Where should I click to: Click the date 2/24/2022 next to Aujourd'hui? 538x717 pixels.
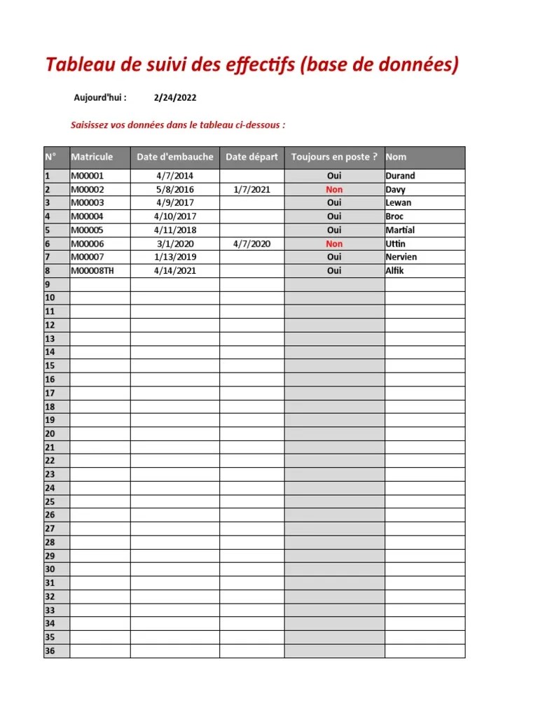click(175, 98)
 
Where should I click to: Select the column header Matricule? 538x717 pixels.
click(92, 157)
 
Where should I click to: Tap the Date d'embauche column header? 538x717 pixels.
click(175, 157)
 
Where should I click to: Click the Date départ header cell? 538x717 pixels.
click(251, 157)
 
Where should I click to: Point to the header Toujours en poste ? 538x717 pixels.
click(334, 157)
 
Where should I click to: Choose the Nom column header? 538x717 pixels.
click(396, 157)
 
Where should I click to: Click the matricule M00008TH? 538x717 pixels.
click(91, 270)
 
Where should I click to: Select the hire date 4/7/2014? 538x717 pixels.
click(175, 176)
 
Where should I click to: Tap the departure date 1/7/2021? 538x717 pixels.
click(251, 189)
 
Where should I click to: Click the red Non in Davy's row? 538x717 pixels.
click(334, 189)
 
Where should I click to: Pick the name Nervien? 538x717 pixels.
click(401, 257)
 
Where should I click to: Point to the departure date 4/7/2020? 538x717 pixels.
click(251, 244)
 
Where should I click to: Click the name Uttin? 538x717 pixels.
click(396, 244)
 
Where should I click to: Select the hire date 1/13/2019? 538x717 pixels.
click(175, 257)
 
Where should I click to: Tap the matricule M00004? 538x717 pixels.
click(87, 216)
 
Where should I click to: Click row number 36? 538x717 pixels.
click(50, 650)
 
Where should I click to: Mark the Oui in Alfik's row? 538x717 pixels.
click(334, 270)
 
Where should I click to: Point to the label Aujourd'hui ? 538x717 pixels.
click(100, 98)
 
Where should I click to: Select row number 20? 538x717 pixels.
click(50, 433)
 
